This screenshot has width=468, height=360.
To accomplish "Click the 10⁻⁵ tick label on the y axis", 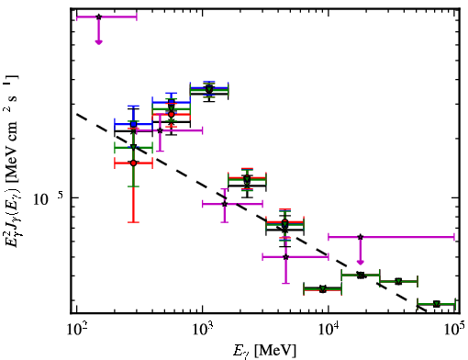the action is coord(49,199).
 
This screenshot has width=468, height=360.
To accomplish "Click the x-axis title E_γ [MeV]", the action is coord(264,351).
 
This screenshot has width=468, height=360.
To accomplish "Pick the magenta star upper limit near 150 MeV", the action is coord(98,17).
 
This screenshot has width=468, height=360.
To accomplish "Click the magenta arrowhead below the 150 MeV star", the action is coord(98,42).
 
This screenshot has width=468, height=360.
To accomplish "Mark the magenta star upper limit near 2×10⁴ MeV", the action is coord(361,237).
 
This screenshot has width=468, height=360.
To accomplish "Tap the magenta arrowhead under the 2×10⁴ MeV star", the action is coord(361,262).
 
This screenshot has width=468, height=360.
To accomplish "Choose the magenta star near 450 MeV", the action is coord(160,130).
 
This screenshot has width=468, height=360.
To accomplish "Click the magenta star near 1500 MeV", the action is coord(225,204).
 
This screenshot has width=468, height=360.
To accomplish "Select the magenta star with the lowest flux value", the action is coord(285,257).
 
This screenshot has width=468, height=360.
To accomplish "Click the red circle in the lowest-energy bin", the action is coord(133,163).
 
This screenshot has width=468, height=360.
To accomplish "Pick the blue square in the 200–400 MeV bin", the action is coord(133,124).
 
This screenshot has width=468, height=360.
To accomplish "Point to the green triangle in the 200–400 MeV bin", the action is coord(133,147).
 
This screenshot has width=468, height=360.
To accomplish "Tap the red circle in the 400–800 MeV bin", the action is coord(172,114).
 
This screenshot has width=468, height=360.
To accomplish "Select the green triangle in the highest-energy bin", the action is coord(437,304).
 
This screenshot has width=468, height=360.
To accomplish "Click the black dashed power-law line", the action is coord(251,212).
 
